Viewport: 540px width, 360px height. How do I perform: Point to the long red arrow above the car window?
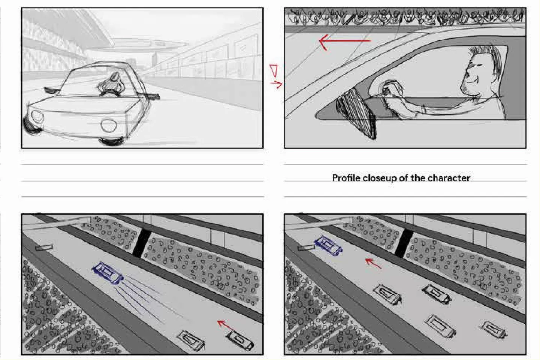(345, 41)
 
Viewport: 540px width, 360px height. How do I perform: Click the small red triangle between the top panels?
(274, 70)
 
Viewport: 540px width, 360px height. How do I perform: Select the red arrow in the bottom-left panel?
(225, 325)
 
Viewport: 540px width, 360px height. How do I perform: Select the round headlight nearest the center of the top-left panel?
(109, 125)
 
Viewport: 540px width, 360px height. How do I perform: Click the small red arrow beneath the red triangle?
(276, 84)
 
